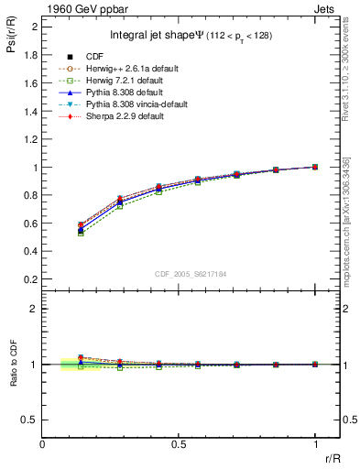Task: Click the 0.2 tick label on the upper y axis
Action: [31, 279]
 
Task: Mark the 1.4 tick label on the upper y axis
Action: [31, 111]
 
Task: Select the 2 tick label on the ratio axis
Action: [35, 310]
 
